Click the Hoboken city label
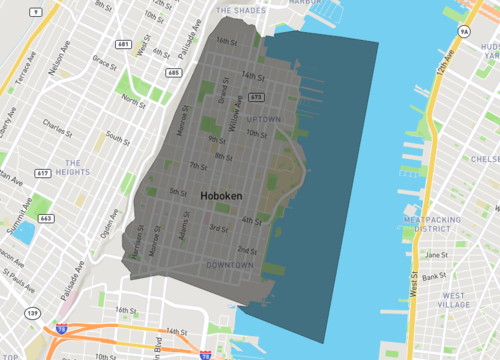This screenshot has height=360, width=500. tap(219, 197)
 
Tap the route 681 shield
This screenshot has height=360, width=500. tap(123, 45)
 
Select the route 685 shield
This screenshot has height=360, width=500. tap(175, 72)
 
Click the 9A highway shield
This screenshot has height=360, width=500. tap(464, 33)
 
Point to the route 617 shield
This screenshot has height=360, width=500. tap(43, 174)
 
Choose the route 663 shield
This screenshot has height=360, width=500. tap(46, 217)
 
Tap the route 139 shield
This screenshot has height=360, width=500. tap(33, 313)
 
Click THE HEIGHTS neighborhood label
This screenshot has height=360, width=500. tap(77, 168)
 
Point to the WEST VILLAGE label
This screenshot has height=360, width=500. tap(453, 301)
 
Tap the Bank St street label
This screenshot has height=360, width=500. tap(434, 276)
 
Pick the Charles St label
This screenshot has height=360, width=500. tap(57, 127)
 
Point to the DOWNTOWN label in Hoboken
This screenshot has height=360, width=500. tap(229, 265)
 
